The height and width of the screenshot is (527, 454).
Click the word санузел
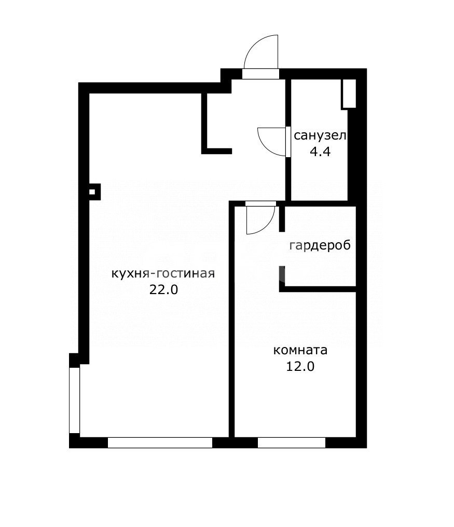click(x=320, y=136)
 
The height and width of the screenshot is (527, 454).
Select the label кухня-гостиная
click(x=163, y=273)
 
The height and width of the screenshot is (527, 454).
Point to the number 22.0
click(x=163, y=290)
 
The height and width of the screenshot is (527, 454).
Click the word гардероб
click(x=320, y=245)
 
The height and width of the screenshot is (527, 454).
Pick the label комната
click(x=300, y=350)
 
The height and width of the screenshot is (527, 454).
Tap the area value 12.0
click(x=300, y=367)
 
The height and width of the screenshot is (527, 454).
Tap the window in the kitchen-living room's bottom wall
click(x=160, y=443)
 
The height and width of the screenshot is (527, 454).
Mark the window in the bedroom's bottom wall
click(x=292, y=443)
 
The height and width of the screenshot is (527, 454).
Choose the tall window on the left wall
click(x=74, y=400)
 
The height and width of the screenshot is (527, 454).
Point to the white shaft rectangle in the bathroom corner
click(x=349, y=93)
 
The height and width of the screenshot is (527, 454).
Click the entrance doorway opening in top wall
click(x=260, y=74)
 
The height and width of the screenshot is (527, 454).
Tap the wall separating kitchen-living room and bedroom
click(x=232, y=322)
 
